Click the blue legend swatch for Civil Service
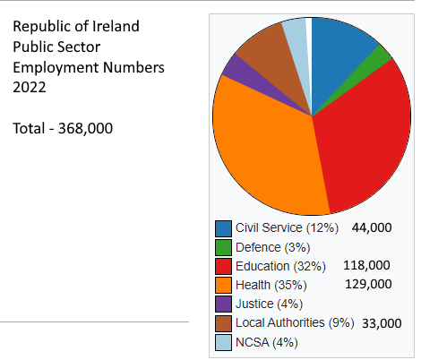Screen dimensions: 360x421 click(x=224, y=227)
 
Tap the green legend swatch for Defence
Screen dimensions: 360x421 click(x=224, y=247)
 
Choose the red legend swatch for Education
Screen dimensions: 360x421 click(x=224, y=266)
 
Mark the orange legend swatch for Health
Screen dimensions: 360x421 click(x=224, y=285)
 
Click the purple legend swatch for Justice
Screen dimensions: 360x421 click(x=224, y=304)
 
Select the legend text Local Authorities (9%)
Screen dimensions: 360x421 click(x=295, y=322)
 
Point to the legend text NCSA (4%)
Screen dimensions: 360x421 click(x=266, y=341)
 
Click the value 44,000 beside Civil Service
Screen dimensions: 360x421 click(x=372, y=227)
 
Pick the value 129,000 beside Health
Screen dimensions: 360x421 click(x=368, y=284)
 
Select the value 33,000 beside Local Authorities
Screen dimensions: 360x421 click(x=382, y=322)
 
